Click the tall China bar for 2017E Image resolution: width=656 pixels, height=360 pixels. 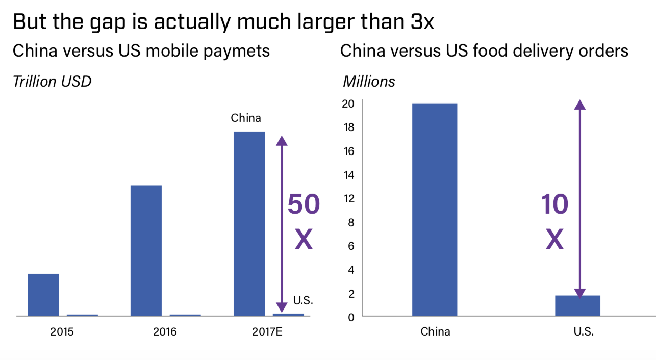tap(249, 223)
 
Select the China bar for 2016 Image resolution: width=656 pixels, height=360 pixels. tap(146, 250)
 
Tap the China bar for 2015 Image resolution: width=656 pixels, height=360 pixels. tap(43, 295)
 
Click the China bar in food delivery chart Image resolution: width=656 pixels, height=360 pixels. tap(435, 209)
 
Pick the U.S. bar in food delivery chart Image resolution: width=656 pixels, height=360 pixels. tap(577, 305)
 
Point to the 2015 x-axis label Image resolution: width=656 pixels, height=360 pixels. tap(62, 331)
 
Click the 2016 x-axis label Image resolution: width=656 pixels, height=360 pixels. tap(165, 331)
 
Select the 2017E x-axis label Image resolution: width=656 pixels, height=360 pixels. tap(267, 331)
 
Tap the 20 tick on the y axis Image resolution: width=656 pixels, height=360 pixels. tap(348, 104)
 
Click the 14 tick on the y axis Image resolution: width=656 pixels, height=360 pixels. tap(348, 175)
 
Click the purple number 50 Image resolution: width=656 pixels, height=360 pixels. tap(304, 205)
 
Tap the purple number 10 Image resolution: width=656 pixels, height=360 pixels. tap(554, 205)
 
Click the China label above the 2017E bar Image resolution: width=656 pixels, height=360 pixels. tap(246, 118)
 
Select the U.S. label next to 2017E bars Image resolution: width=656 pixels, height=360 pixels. tap(303, 301)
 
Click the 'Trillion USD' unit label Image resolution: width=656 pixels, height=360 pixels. tap(52, 81)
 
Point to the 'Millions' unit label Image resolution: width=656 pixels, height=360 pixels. tap(369, 81)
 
